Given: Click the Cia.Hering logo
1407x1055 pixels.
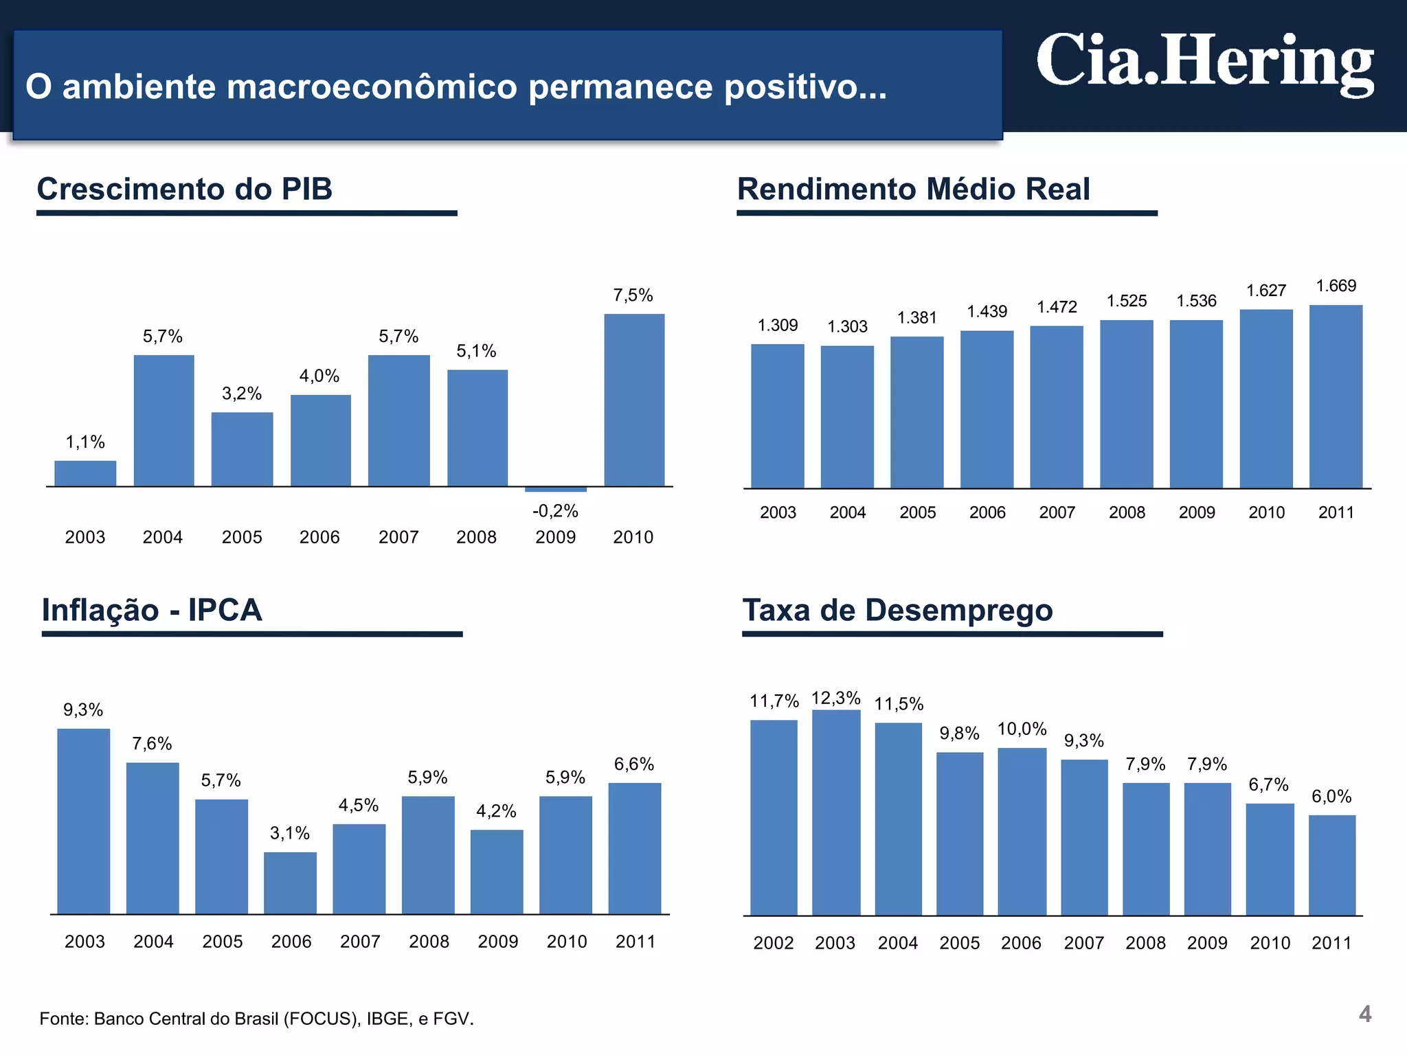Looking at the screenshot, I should [x=1204, y=63].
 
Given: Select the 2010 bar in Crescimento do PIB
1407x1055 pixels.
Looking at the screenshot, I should [x=633, y=400].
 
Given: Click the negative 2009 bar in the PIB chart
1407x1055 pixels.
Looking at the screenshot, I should [x=555, y=489].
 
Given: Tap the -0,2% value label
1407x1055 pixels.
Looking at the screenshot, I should [x=555, y=511].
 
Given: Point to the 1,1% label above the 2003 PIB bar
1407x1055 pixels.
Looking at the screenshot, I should [x=85, y=442].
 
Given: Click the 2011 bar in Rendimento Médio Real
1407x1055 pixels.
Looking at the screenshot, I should [x=1335, y=396].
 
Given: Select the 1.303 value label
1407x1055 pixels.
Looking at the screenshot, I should [x=847, y=326].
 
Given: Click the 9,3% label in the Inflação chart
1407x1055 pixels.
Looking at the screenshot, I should [x=83, y=710].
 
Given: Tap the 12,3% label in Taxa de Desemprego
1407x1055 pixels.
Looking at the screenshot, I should [x=835, y=698].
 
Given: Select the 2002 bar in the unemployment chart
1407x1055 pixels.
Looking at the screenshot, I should [x=774, y=817].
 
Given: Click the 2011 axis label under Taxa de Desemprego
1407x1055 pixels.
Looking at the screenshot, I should [x=1331, y=943].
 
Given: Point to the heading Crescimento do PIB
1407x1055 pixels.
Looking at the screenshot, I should [x=184, y=189].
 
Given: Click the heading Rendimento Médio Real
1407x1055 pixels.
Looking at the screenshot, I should [x=913, y=189].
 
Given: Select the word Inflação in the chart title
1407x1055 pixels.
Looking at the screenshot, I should [x=100, y=610].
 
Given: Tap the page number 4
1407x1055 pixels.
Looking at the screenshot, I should [x=1364, y=1014].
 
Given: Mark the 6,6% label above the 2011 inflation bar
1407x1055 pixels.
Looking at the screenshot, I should [x=633, y=764].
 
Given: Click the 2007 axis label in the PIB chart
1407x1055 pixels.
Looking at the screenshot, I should [x=398, y=537].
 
